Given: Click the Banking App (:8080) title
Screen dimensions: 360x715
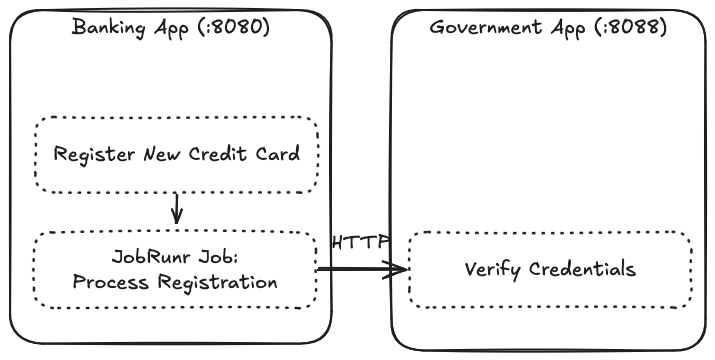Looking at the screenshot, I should tap(171, 26).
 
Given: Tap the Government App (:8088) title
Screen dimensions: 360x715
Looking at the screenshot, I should tap(549, 26).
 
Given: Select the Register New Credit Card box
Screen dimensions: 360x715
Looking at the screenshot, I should tap(176, 154).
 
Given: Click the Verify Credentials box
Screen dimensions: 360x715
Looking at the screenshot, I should tap(550, 270).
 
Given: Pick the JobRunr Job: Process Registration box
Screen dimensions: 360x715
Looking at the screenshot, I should tap(176, 270).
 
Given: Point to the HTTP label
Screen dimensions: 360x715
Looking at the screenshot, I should tap(360, 242).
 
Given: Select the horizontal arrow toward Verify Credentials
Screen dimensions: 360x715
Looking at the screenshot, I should tap(362, 269).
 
